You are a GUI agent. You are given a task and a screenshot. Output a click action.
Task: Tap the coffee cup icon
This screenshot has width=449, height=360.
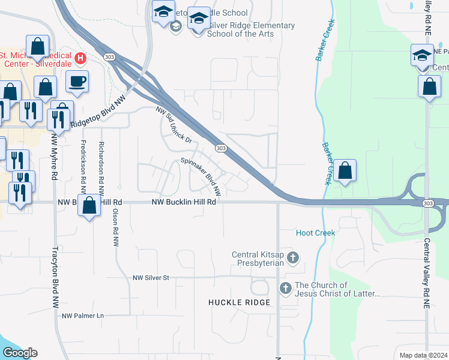pos(77,82)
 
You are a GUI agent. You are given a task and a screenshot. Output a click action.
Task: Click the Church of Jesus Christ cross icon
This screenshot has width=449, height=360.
pos(285,289)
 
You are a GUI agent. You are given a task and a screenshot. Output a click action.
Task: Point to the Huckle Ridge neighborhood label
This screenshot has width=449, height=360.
pos(240,302)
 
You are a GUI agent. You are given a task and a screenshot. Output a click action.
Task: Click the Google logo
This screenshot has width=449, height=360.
pos(20,353)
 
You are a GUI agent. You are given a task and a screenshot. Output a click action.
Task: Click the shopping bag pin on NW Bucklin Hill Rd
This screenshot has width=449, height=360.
pos(89,206)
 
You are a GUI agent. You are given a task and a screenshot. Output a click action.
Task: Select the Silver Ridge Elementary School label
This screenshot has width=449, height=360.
pos(251,29)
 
